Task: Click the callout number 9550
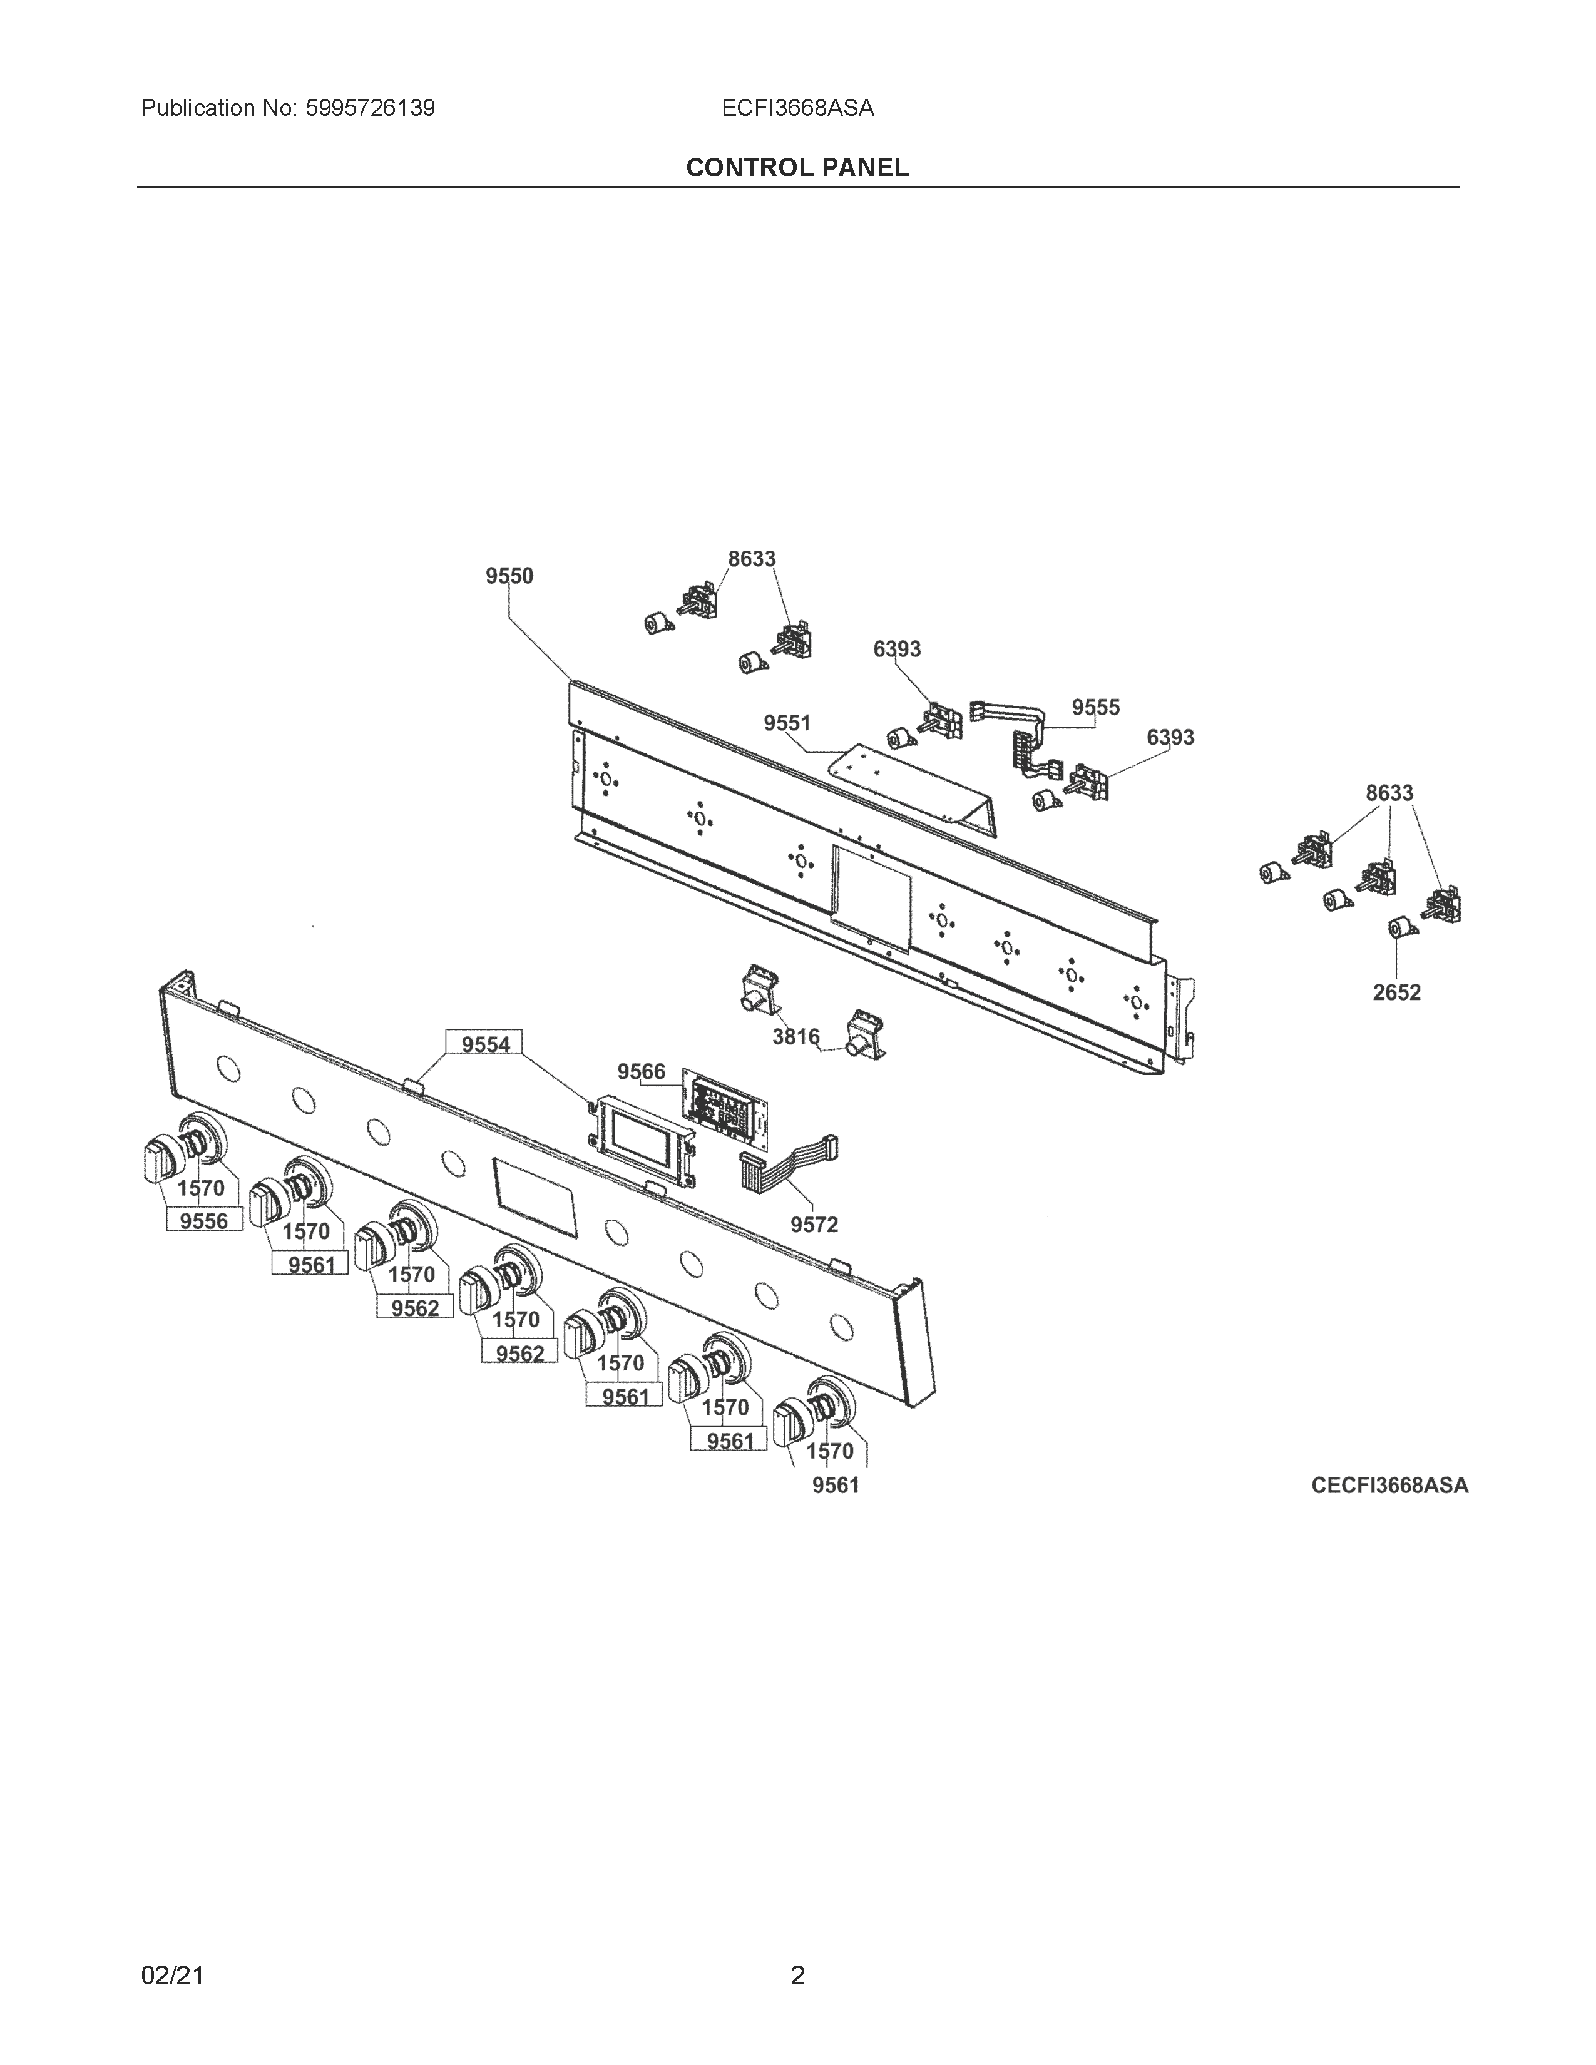pos(509,576)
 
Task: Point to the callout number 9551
pos(787,723)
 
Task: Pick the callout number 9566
pos(641,1071)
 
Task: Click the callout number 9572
pos(814,1225)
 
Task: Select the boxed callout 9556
pos(203,1221)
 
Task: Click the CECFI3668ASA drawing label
pos(1389,1486)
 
